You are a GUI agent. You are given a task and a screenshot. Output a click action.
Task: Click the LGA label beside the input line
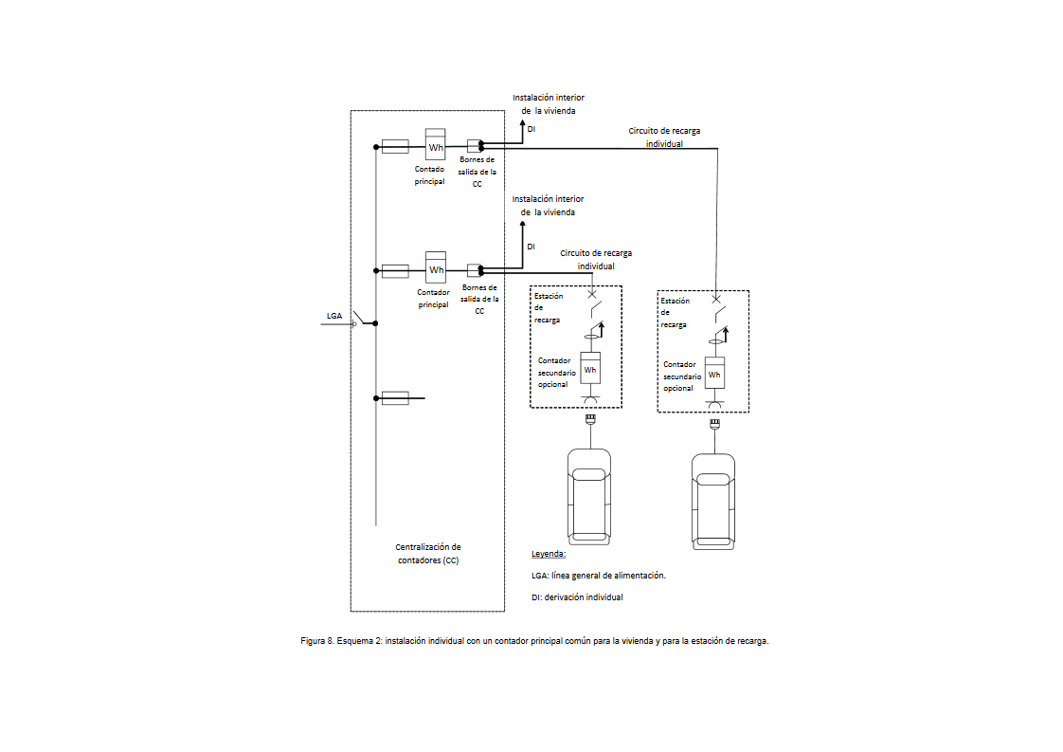click(x=334, y=316)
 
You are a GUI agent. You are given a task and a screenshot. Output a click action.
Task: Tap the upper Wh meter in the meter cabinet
click(x=435, y=144)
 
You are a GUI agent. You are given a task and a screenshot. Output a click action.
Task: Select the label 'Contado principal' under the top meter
click(x=430, y=175)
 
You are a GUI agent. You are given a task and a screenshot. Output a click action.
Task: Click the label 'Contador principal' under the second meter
click(x=433, y=299)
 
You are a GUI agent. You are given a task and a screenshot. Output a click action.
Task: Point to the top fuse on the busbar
click(x=395, y=147)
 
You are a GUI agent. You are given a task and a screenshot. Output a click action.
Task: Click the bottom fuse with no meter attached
click(x=395, y=397)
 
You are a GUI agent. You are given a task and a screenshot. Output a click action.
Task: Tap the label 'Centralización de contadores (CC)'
click(x=428, y=553)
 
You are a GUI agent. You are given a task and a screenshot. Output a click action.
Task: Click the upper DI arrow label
click(x=531, y=129)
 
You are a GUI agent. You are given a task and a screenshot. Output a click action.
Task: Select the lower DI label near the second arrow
click(x=531, y=247)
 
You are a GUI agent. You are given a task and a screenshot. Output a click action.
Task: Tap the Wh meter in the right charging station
click(x=714, y=373)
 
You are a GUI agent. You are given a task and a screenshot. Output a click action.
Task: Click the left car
click(x=589, y=496)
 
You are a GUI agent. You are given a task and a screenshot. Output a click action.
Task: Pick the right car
click(x=713, y=501)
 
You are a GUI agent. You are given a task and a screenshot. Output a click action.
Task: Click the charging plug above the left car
click(x=590, y=420)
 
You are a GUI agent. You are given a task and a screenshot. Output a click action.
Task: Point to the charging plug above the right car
click(x=714, y=424)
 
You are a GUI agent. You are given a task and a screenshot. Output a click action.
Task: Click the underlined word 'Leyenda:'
click(x=549, y=554)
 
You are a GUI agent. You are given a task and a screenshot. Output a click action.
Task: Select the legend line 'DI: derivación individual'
click(x=577, y=597)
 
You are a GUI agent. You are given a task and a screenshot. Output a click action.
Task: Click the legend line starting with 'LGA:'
click(x=599, y=576)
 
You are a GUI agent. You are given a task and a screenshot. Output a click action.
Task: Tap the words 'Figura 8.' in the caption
click(x=317, y=641)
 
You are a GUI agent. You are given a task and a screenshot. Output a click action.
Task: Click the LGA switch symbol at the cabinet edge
click(x=359, y=318)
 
